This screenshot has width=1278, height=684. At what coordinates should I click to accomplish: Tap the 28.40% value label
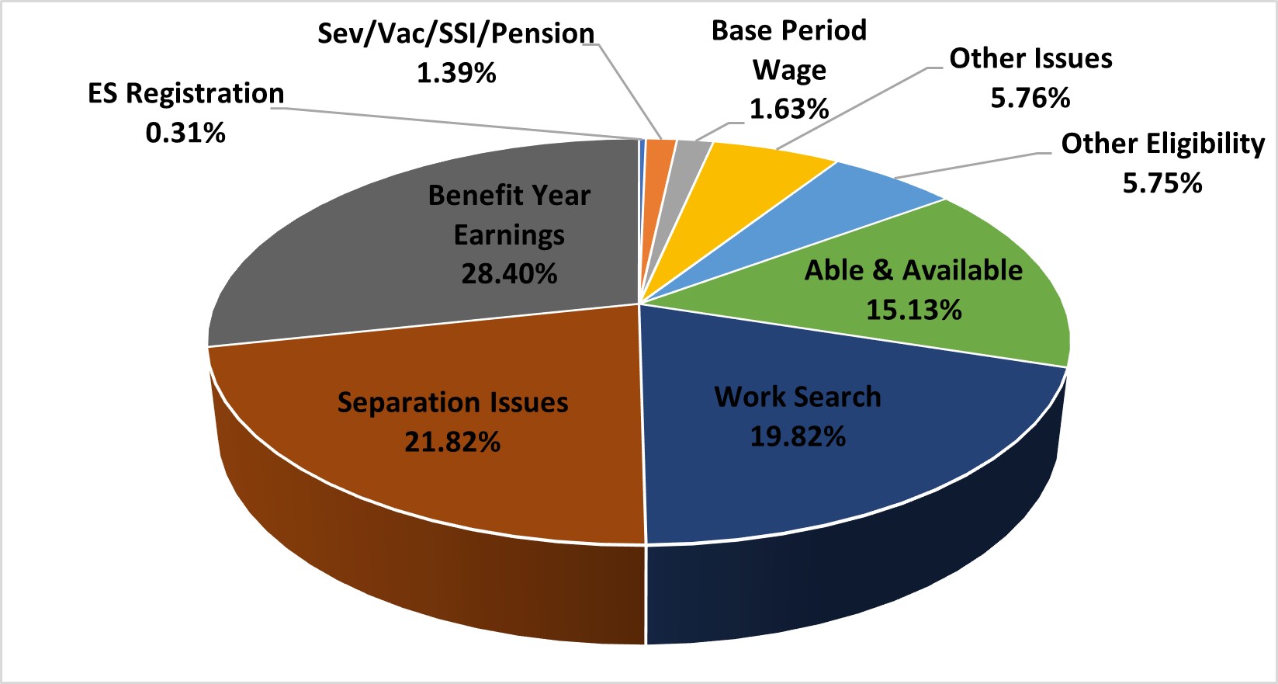point(509,274)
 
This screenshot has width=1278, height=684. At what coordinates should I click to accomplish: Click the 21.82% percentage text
point(452,443)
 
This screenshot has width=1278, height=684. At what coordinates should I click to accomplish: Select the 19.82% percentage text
point(798,437)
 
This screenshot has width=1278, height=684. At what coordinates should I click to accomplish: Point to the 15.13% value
point(913,311)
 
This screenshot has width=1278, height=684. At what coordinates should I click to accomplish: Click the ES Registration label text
point(186,93)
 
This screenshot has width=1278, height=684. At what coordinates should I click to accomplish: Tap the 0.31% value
point(185,133)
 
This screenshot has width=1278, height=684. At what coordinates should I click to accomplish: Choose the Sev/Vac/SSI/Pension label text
point(456,34)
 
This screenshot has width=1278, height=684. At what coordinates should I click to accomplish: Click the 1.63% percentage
point(789,109)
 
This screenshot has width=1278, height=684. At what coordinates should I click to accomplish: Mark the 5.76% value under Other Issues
point(1030,99)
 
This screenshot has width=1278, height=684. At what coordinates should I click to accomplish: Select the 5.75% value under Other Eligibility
point(1162,183)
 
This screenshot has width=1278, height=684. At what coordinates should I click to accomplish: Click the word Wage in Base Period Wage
point(789,71)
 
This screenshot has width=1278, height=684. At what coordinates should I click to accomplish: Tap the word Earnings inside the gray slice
point(509,235)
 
